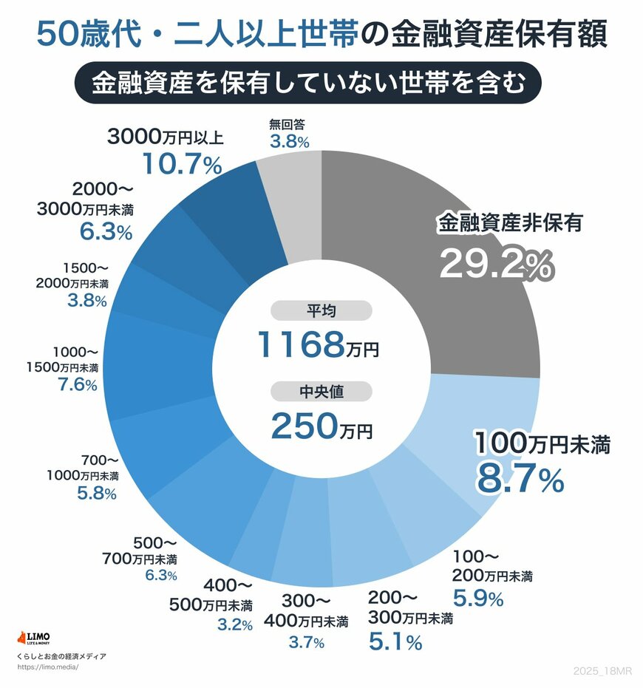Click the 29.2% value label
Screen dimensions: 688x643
click(x=496, y=264)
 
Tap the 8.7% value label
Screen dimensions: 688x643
click(x=520, y=479)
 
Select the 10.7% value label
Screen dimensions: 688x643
click(x=182, y=165)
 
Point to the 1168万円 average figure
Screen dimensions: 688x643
click(x=318, y=344)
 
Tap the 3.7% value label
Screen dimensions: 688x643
click(x=306, y=642)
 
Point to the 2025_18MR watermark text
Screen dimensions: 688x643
click(x=602, y=671)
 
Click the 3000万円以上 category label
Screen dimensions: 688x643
click(x=166, y=137)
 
